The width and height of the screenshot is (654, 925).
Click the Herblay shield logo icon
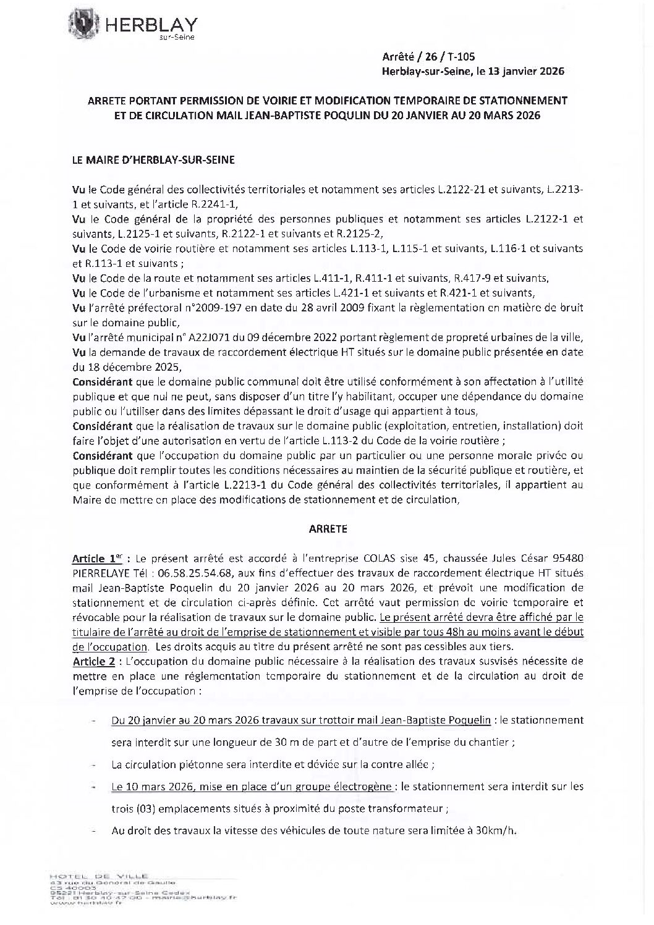click(83, 23)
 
